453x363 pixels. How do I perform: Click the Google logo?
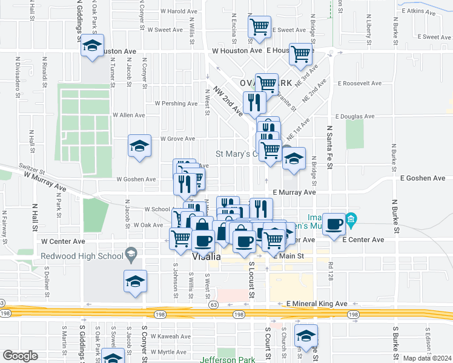point(20,355)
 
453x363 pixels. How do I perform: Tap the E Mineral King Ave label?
point(317,304)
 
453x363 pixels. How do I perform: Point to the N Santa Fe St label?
point(331,145)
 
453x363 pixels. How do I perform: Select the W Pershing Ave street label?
point(177,103)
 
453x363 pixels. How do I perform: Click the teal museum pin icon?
point(351,218)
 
